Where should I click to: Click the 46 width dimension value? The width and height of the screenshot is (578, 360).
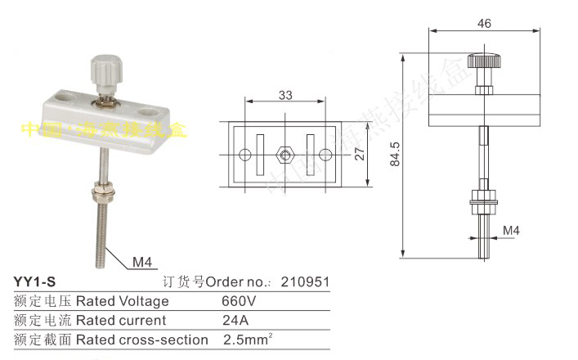484,24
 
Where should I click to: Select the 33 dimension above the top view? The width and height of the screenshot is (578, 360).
285,95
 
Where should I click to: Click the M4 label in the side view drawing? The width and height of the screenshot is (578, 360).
510,231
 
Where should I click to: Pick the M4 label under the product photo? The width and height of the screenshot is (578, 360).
144,263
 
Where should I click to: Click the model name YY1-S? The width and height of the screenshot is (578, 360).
35,282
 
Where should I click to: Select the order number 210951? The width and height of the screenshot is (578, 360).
305,282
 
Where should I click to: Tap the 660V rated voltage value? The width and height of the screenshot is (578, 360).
242,301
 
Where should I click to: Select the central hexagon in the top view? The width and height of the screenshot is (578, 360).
285,153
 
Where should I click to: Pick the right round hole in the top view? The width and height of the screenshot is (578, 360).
325,153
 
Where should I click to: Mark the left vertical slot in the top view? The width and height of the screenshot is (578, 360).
259,153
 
